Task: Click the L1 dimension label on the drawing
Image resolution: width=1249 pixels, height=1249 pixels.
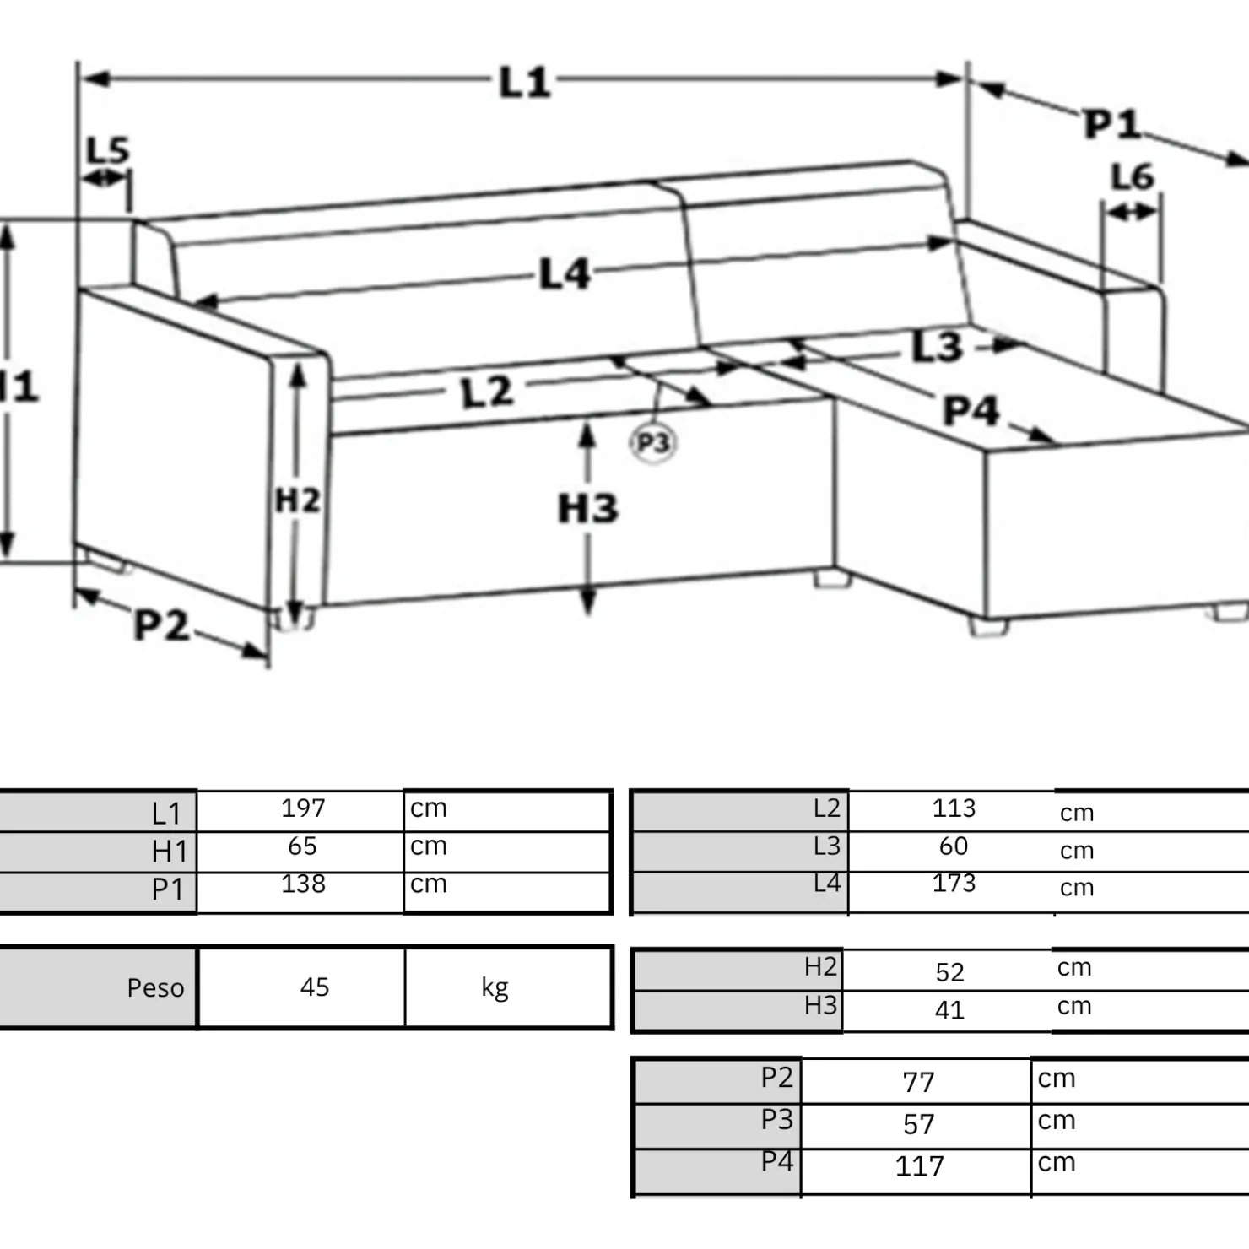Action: click(525, 83)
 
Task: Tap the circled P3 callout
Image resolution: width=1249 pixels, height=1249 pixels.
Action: click(653, 442)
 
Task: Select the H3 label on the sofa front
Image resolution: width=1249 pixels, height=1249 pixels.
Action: click(588, 508)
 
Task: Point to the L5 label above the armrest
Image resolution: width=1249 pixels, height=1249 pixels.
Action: click(109, 150)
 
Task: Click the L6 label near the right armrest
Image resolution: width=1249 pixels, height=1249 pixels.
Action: click(1133, 177)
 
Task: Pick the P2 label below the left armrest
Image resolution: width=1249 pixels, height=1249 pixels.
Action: click(162, 625)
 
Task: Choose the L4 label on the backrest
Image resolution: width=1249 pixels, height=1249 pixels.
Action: click(565, 274)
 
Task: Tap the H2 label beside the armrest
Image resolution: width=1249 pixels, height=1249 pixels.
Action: click(298, 500)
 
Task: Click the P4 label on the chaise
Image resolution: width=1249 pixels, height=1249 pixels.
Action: click(971, 411)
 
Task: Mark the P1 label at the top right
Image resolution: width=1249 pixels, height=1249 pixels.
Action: click(1112, 124)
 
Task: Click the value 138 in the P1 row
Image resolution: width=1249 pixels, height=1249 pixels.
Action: click(303, 884)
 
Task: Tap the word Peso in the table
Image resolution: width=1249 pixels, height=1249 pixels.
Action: click(155, 987)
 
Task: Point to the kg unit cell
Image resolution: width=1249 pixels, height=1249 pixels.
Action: click(495, 987)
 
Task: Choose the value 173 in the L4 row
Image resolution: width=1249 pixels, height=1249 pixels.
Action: click(954, 883)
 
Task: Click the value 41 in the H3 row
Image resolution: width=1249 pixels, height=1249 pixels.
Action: click(949, 1010)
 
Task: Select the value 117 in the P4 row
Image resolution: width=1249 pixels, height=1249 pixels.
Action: click(919, 1166)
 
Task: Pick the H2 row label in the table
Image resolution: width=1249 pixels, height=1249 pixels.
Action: click(820, 966)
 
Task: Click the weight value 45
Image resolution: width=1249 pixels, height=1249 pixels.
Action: click(315, 987)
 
